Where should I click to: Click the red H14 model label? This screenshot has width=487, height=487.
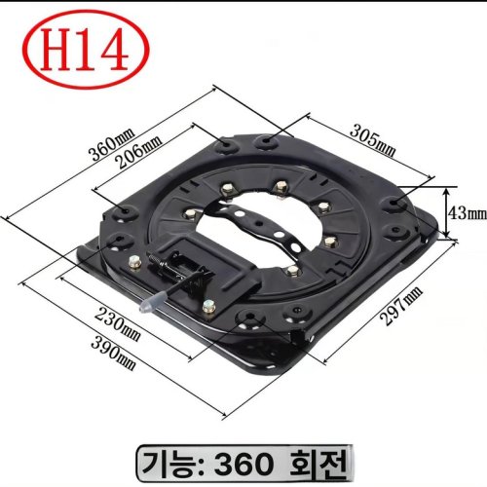86,50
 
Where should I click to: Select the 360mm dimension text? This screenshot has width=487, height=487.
111,145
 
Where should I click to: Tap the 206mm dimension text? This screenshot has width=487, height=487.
139,151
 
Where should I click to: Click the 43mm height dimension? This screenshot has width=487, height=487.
468,213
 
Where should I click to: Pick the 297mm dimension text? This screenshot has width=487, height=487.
401,306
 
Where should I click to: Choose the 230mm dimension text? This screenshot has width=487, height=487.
118,324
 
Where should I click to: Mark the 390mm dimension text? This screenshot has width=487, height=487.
113,354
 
